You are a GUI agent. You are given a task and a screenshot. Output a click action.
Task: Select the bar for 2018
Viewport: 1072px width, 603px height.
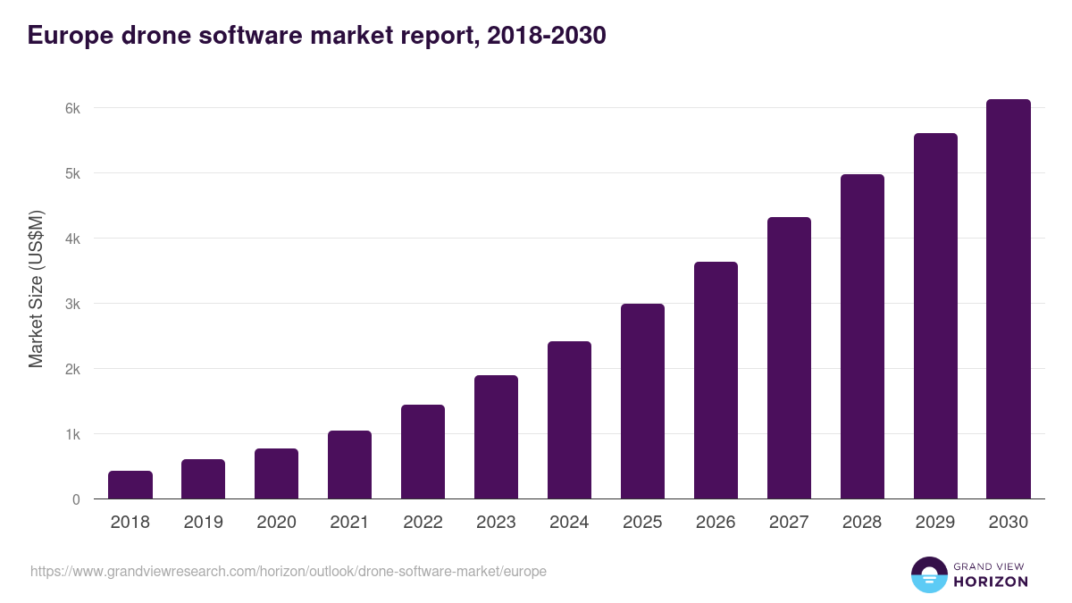[130, 485]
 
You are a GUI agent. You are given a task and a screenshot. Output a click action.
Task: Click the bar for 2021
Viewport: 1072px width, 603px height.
[349, 465]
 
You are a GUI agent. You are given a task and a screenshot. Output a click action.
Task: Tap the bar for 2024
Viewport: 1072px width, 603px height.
[569, 420]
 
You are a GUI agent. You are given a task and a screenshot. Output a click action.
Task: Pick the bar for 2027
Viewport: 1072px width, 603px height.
[789, 357]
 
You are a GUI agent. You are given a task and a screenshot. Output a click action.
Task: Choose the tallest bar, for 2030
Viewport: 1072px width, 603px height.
[1009, 299]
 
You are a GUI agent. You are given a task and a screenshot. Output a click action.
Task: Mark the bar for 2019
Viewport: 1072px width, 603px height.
[204, 479]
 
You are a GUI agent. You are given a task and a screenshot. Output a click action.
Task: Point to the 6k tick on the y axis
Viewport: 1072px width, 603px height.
[72, 108]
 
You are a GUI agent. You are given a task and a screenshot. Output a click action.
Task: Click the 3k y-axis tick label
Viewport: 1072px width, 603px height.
[72, 304]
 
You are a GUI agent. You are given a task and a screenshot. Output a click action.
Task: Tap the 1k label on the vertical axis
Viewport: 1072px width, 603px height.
[72, 434]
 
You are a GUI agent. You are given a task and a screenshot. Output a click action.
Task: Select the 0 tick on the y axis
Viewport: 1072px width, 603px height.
[76, 499]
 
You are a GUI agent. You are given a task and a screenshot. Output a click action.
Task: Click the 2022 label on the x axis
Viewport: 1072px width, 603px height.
[423, 523]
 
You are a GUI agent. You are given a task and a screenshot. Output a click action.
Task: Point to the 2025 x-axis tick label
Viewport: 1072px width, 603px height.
[642, 523]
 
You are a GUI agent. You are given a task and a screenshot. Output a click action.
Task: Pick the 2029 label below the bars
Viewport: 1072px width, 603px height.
[935, 523]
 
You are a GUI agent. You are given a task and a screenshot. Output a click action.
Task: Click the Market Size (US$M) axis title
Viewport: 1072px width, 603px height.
[37, 289]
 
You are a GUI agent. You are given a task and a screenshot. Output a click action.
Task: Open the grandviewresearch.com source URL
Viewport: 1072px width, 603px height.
[288, 571]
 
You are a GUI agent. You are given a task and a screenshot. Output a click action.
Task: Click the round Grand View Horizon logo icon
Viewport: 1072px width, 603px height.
[929, 574]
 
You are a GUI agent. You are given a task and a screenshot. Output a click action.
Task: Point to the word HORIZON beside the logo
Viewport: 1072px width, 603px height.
[991, 582]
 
